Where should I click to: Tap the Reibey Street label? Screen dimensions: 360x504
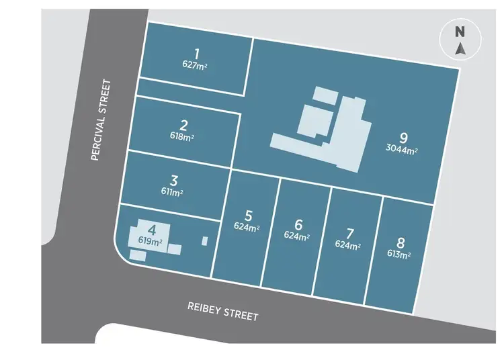click(222, 311)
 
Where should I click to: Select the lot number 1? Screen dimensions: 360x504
click(197, 54)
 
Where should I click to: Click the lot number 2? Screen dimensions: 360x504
click(183, 125)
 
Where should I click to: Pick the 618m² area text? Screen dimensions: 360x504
click(183, 136)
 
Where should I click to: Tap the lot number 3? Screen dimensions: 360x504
click(174, 180)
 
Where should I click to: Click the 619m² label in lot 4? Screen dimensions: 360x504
click(151, 240)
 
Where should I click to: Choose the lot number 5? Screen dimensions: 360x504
click(249, 216)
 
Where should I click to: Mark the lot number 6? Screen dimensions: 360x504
click(299, 224)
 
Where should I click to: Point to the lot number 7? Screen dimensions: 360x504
click(349, 234)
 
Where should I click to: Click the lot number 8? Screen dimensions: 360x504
click(401, 243)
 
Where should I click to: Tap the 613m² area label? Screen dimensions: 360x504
click(399, 255)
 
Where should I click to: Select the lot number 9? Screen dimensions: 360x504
click(403, 138)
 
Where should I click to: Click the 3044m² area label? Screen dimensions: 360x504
click(402, 150)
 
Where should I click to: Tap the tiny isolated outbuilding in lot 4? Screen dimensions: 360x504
click(205, 240)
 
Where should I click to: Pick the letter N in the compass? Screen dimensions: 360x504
click(460, 32)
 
